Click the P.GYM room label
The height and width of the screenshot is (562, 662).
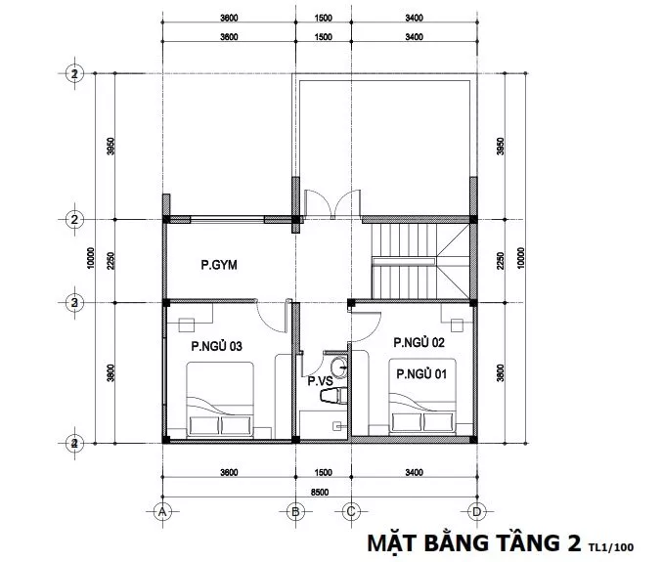coord(219,265)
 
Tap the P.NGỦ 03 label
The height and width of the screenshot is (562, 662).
coord(216,346)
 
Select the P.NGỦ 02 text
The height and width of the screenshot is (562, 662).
coord(419,342)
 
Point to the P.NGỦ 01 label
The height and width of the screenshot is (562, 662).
coord(421,373)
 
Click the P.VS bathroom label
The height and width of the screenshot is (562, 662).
coord(320,381)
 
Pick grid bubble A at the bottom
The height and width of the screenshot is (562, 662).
coord(162,512)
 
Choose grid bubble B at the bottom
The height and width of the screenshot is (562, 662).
coord(295,512)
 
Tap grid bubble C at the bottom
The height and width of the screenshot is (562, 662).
coord(351,512)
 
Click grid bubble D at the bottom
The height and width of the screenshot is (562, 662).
coord(476,512)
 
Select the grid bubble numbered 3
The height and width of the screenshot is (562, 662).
coord(74,303)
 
